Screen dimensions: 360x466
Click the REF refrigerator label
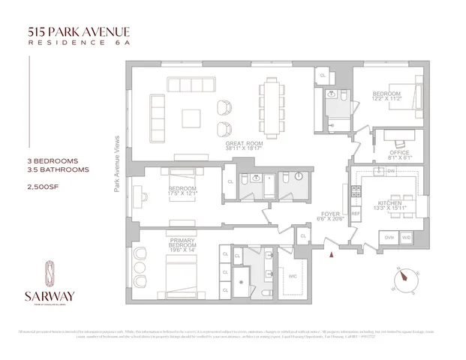pos(356,213)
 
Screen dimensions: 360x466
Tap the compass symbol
pos(404,278)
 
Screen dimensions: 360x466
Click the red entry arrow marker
pos(329,256)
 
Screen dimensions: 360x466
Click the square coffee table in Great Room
pos(191,118)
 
